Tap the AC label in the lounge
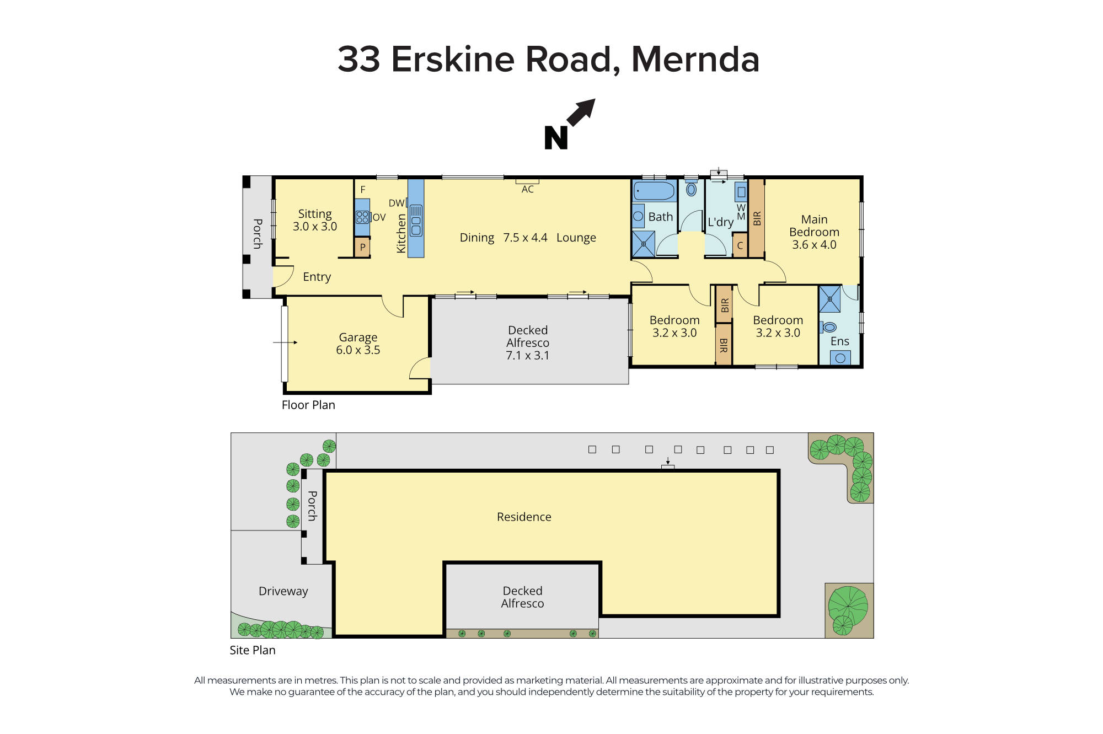click(x=528, y=189)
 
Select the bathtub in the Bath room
click(x=654, y=191)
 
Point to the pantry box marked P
click(x=362, y=247)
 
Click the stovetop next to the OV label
click(x=362, y=216)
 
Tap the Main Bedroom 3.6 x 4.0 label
click(x=814, y=232)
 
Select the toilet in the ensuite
click(x=829, y=327)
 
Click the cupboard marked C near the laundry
click(x=740, y=246)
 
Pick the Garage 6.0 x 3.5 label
click(x=358, y=344)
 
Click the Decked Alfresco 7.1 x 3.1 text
click(x=528, y=342)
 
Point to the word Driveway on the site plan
click(x=283, y=591)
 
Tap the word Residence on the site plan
click(x=524, y=517)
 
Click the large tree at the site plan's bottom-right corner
click(x=848, y=605)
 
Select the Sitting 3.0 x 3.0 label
click(x=314, y=220)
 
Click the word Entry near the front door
click(x=317, y=277)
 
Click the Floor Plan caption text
click(x=308, y=405)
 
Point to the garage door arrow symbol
click(x=285, y=342)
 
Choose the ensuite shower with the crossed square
click(x=829, y=299)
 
